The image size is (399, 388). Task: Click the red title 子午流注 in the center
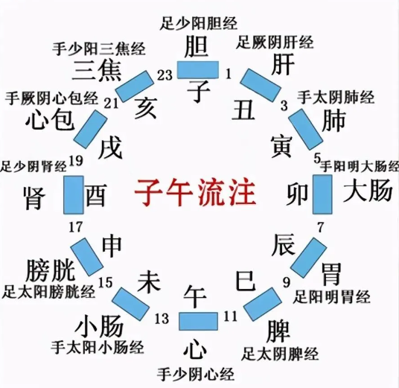click(x=196, y=192)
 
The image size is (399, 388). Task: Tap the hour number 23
click(x=165, y=75)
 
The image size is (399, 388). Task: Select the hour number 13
click(x=162, y=319)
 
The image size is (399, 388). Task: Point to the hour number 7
click(x=320, y=227)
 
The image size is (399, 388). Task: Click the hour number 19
click(x=76, y=161)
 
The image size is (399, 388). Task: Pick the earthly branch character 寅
click(x=281, y=146)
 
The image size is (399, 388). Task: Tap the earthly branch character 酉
click(x=96, y=195)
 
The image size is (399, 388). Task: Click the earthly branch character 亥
click(x=145, y=109)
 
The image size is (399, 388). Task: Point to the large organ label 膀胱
click(x=51, y=270)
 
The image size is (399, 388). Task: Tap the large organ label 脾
click(x=278, y=331)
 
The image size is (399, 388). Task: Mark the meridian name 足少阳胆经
click(x=199, y=23)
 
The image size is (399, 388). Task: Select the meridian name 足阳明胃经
click(x=331, y=297)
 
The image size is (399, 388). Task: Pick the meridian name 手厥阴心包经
click(x=51, y=98)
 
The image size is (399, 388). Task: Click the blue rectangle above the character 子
click(x=198, y=69)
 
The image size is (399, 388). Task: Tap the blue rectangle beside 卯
click(x=322, y=194)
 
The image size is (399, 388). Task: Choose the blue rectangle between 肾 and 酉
click(x=74, y=195)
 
